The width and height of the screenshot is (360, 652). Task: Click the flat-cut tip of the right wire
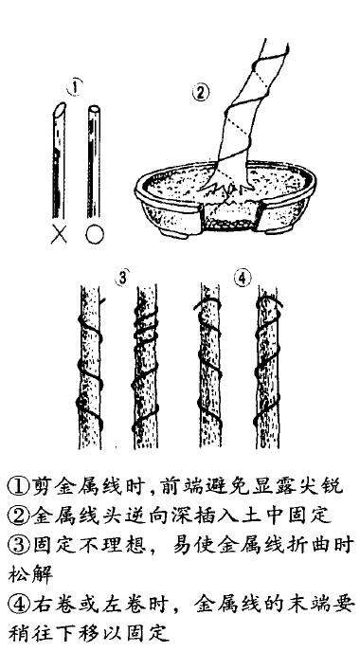[93, 110]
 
